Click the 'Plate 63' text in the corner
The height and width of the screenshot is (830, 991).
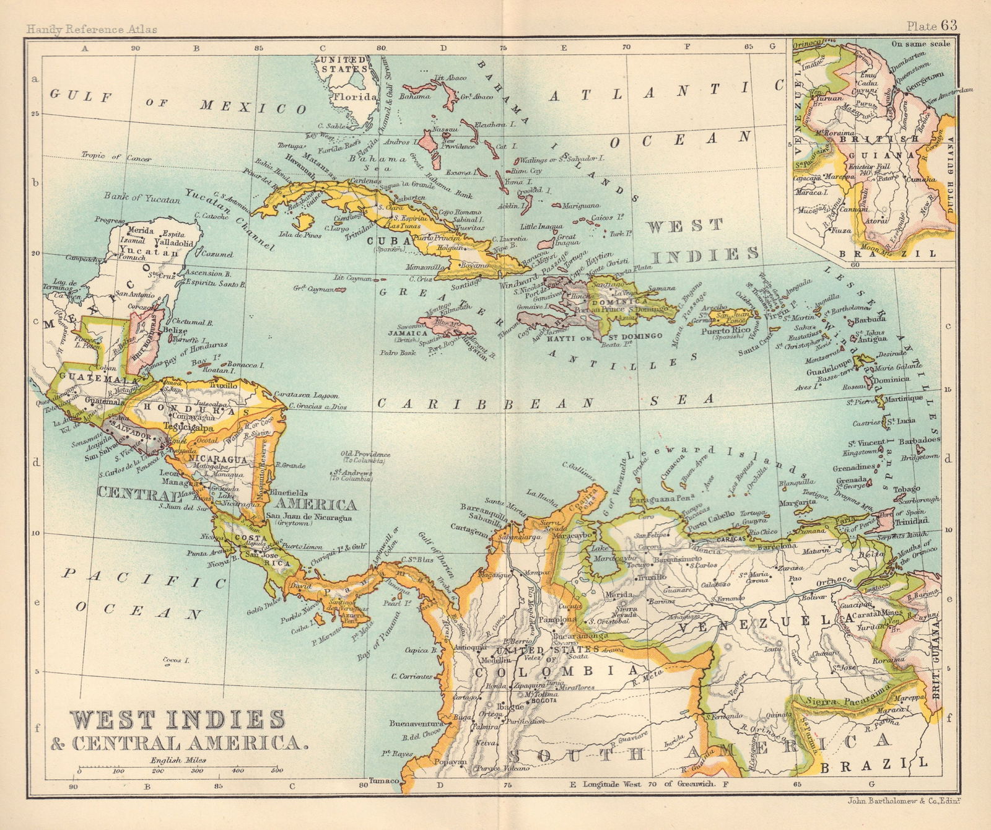pos(932,25)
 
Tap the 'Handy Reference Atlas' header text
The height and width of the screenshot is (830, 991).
pos(91,28)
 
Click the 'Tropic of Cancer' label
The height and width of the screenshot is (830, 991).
pos(116,157)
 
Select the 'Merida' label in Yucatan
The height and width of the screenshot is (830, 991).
pos(141,230)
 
